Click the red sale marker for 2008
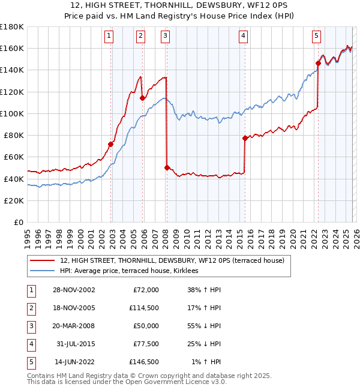[x=167, y=168]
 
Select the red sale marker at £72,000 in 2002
[x=111, y=144]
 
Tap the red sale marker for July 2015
[x=245, y=138]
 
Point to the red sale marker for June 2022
[x=318, y=63]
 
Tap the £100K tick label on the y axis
[x=12, y=113]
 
